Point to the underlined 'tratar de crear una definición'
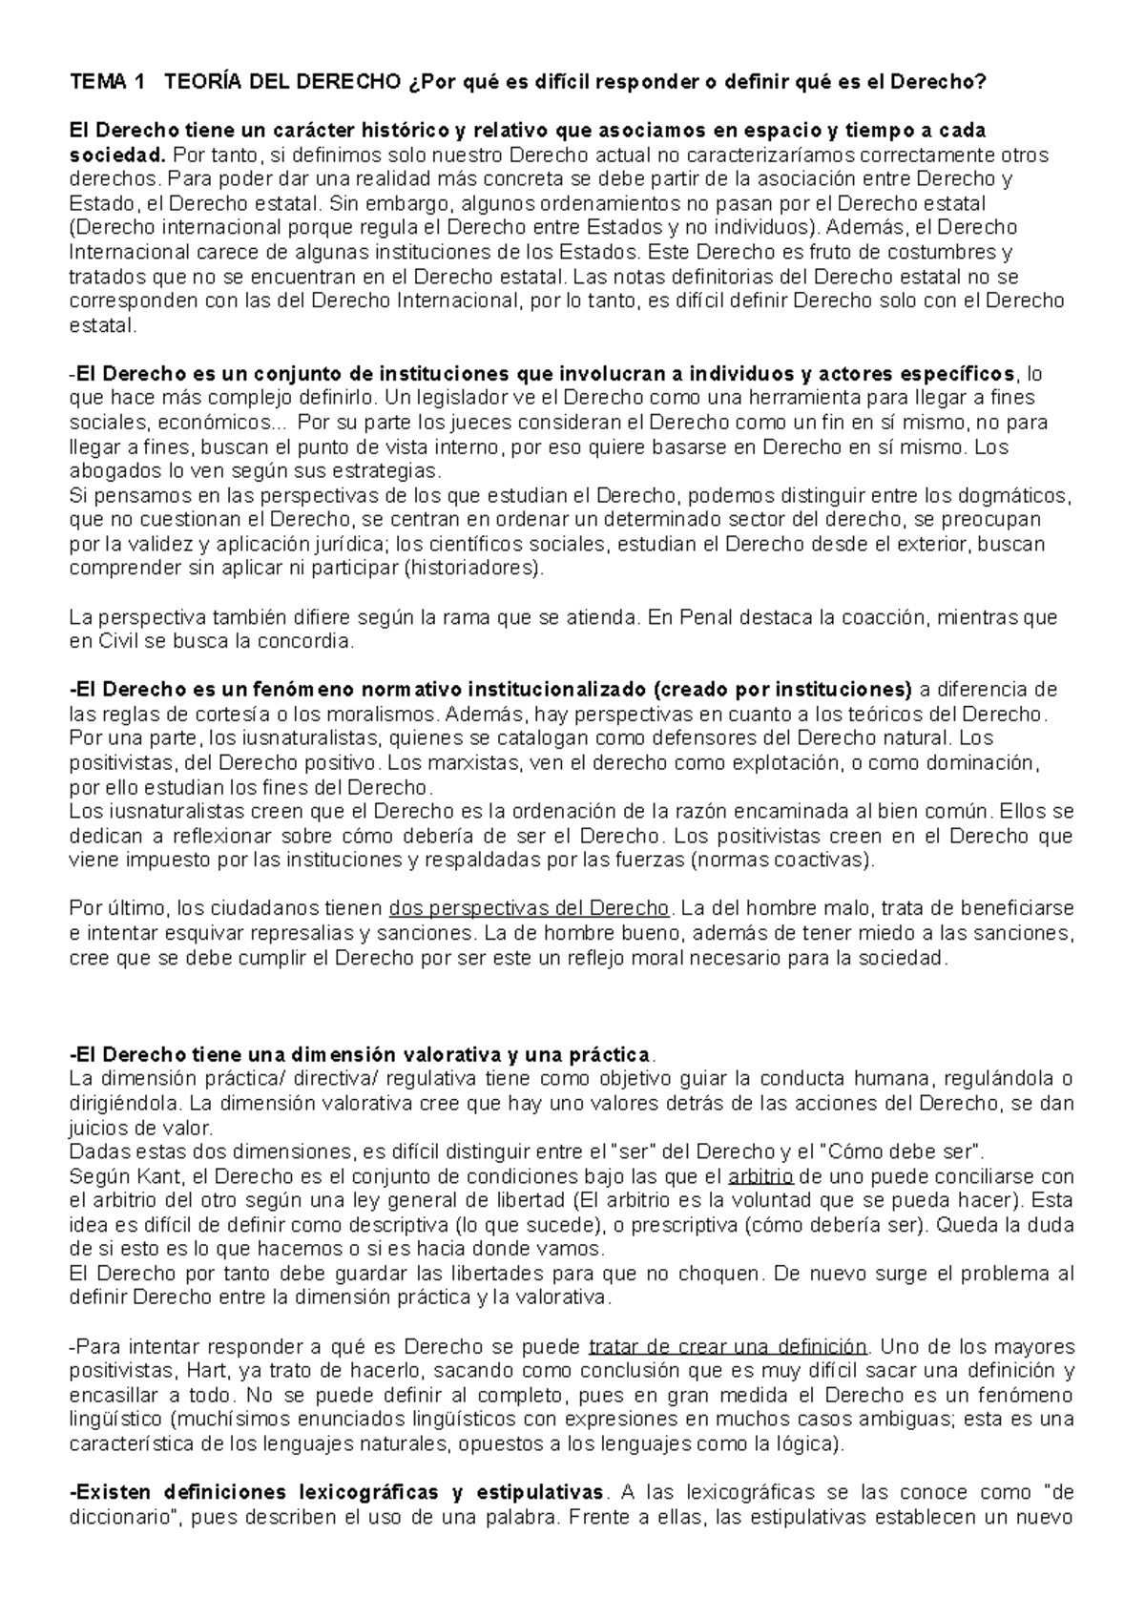pyautogui.click(x=728, y=1347)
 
